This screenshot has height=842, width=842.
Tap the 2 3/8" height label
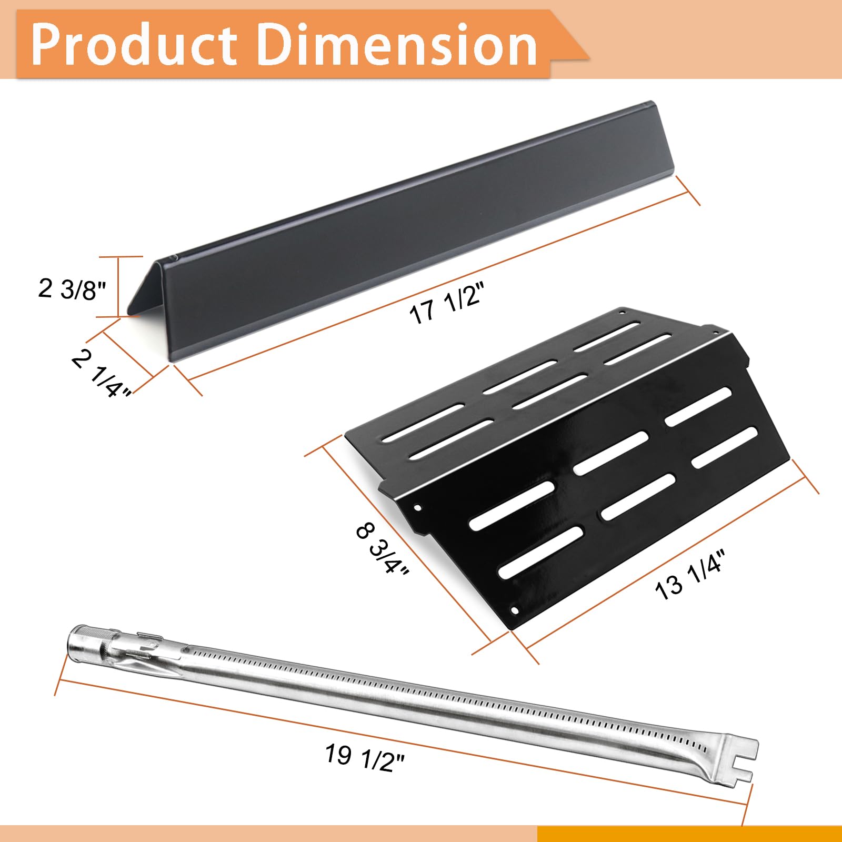click(72, 289)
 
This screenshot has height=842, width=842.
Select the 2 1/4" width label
click(102, 375)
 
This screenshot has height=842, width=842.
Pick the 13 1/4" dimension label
click(690, 574)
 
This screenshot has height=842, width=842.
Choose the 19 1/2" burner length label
click(364, 759)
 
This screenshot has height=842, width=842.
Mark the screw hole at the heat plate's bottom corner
click(515, 610)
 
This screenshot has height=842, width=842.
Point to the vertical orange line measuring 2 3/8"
click(118, 287)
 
